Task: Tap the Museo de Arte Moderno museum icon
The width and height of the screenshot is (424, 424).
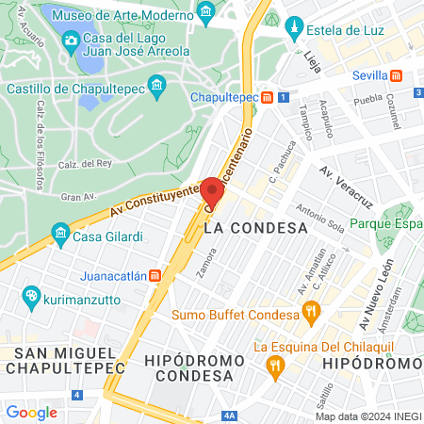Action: pos(206,10)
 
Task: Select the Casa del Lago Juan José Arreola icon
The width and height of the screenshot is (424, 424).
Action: pos(72,39)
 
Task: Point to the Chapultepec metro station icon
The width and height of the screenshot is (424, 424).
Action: pos(268,97)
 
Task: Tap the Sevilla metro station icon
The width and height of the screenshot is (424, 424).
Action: pos(397,74)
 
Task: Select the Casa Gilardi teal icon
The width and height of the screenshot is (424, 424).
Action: pos(60,232)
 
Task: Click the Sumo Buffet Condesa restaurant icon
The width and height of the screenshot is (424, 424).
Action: pos(308,312)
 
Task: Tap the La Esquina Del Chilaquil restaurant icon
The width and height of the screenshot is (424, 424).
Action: pos(275,363)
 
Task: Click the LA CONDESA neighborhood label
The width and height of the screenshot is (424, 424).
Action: pos(255,228)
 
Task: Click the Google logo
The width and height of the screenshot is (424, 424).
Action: pos(31,412)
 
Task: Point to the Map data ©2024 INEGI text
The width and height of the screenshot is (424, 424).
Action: pos(368,416)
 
